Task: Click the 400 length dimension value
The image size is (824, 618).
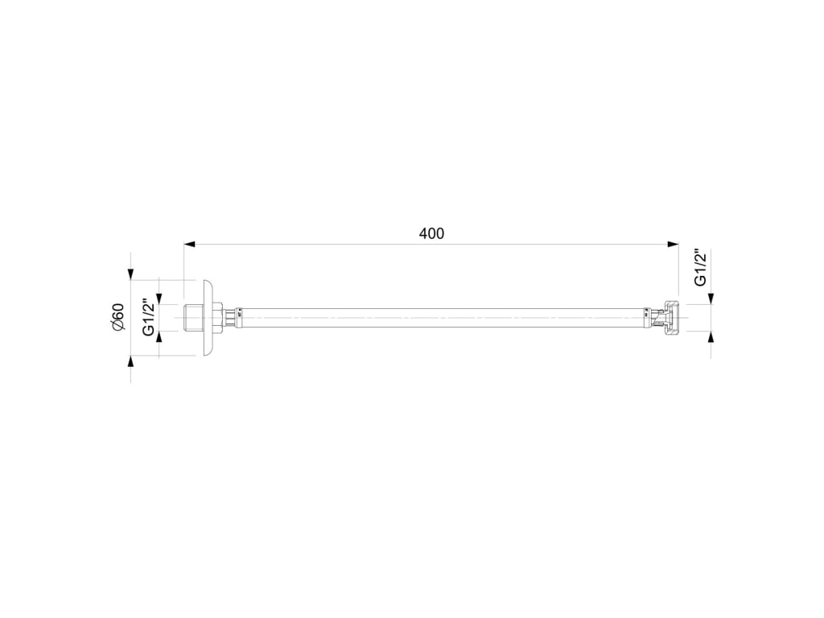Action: pyautogui.click(x=431, y=233)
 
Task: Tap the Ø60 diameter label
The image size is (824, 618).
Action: pyautogui.click(x=117, y=317)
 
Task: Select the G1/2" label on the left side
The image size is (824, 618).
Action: pyautogui.click(x=149, y=316)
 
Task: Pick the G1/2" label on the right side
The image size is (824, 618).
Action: pyautogui.click(x=700, y=267)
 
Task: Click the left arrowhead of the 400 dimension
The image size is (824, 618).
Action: pyautogui.click(x=189, y=244)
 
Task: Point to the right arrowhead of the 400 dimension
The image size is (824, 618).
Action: pyautogui.click(x=673, y=244)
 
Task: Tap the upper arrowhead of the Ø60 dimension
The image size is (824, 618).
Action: pyautogui.click(x=130, y=274)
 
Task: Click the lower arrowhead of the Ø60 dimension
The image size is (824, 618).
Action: pyautogui.click(x=130, y=361)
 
